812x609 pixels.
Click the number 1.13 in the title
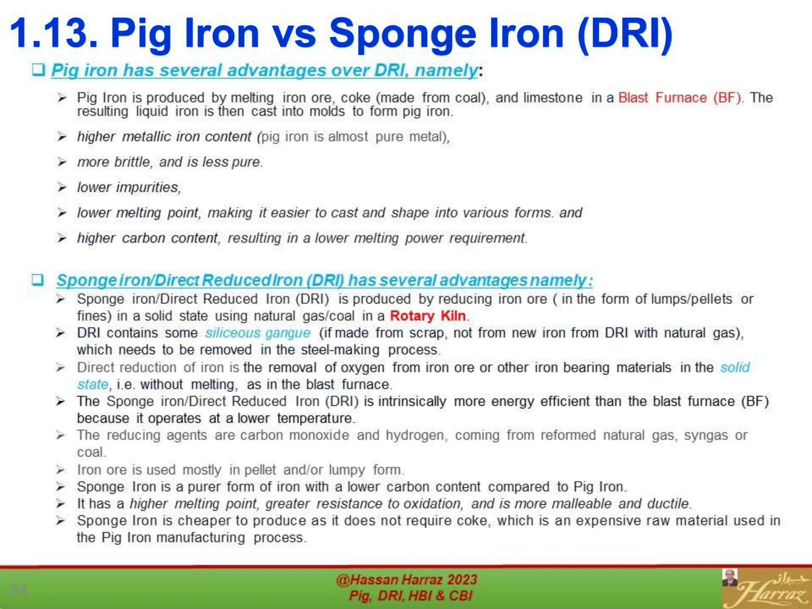[x=54, y=33]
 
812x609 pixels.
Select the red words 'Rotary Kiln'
[x=427, y=316]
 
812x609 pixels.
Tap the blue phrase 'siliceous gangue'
[x=258, y=333]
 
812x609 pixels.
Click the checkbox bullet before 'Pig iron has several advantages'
[x=38, y=70]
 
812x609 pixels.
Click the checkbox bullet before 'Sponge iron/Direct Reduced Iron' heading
[x=38, y=280]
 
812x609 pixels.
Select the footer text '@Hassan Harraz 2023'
[x=406, y=580]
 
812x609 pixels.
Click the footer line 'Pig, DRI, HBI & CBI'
[x=410, y=596]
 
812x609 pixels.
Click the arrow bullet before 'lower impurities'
[x=62, y=187]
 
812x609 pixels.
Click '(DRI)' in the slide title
[x=625, y=33]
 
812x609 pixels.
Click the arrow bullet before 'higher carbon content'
[x=62, y=238]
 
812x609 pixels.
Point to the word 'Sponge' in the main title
[x=402, y=33]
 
